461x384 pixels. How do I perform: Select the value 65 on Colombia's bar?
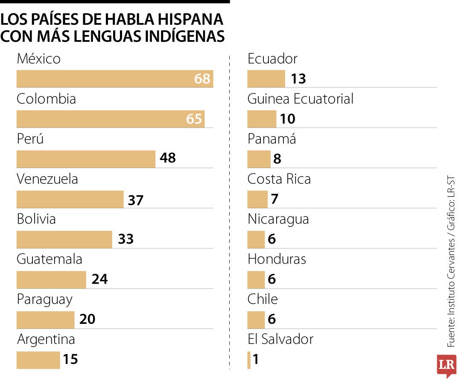click(x=194, y=119)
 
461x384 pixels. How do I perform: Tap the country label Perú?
click(x=30, y=139)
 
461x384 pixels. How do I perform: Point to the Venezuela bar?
click(x=70, y=199)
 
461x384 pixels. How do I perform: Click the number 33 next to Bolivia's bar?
click(x=126, y=239)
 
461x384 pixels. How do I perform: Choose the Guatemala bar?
click(x=51, y=279)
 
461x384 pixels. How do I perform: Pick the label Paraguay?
click(x=44, y=300)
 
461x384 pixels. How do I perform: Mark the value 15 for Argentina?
click(x=70, y=359)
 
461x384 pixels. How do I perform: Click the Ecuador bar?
click(x=266, y=79)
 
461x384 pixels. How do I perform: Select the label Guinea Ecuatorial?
click(x=301, y=99)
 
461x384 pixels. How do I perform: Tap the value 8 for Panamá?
click(x=277, y=159)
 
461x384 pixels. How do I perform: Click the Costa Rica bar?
click(x=257, y=199)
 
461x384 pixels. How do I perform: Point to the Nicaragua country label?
click(x=278, y=219)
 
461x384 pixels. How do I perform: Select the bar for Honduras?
click(x=256, y=279)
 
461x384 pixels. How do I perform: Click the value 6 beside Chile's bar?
click(x=272, y=319)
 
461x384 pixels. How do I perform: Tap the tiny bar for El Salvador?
click(x=249, y=360)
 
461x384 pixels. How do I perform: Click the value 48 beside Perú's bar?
click(x=168, y=158)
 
